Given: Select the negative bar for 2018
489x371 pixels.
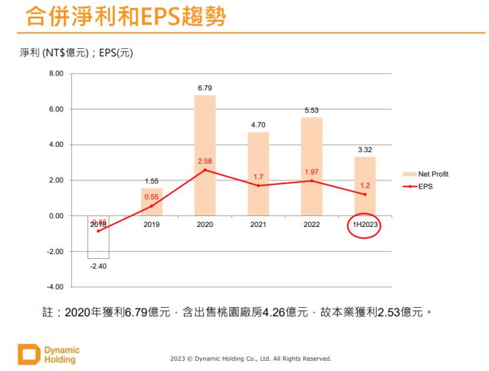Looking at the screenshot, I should pos(98,237).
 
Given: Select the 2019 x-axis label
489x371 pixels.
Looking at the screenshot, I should pos(151,224).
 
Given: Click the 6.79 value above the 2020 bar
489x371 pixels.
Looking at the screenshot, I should pos(205,88).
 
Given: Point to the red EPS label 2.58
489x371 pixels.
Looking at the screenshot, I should pos(205,160).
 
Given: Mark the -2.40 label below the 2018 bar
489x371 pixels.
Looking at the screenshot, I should pos(98,266).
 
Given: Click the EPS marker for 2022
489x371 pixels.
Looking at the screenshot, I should pos(312,181).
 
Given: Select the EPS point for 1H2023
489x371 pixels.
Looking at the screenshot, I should pos(365,194).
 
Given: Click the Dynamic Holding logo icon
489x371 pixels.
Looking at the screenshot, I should pos(27,355).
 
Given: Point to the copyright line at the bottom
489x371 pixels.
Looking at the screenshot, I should pos(251,358).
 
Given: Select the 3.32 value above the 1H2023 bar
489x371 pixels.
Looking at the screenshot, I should pos(365,149).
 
